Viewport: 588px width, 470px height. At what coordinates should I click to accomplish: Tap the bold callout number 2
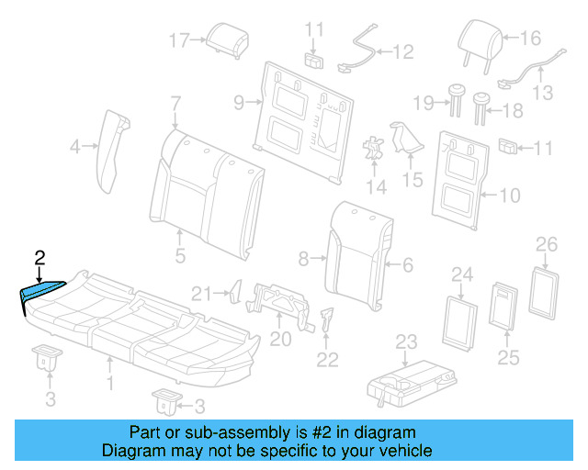click(x=39, y=258)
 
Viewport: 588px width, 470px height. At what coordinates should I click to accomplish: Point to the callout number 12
click(x=404, y=52)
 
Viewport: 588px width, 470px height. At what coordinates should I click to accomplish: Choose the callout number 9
click(x=238, y=103)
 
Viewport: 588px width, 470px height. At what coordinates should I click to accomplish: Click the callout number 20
click(x=280, y=339)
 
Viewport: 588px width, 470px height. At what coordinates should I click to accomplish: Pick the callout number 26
click(x=546, y=244)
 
